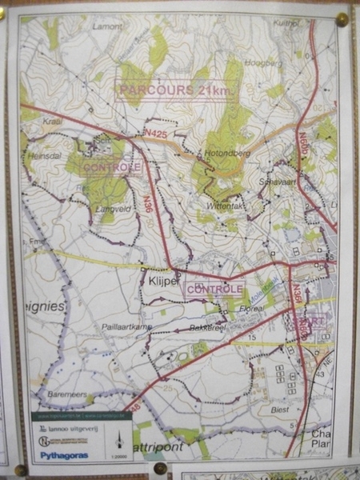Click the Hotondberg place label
pos(228,150)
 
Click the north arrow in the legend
pos(118,437)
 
